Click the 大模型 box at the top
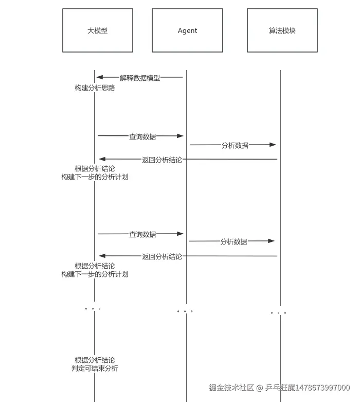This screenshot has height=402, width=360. pos(98,30)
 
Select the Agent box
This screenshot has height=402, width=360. pos(187,30)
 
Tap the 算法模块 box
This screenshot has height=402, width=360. pos(282,30)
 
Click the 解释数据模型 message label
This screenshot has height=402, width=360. pos(140,78)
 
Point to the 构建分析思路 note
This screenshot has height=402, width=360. pos(95,88)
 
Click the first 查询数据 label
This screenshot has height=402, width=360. pos(142,136)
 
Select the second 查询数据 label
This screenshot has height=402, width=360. pos(142,234)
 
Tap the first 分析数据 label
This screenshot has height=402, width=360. pos(235,145)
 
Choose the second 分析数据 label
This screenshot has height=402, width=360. pos(234,241)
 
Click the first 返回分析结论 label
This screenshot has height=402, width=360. pos(162,160)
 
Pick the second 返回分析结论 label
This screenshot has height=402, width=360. pos(162,256)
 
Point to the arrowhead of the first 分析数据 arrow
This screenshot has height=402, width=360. pos(273,145)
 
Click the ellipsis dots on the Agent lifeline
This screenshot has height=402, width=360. pos(185,311)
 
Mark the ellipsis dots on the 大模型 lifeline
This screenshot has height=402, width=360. pos(93,309)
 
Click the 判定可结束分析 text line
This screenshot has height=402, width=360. pos(95,369)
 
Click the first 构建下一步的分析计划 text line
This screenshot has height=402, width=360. pos(95,177)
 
